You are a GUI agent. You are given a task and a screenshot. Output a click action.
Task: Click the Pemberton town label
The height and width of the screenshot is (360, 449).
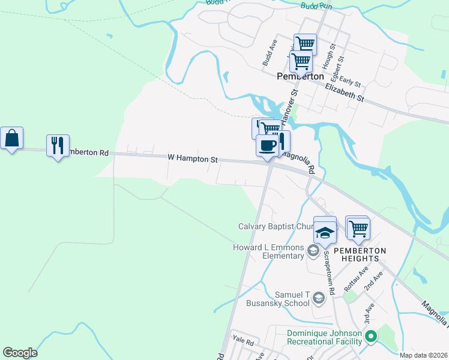tap(301, 77)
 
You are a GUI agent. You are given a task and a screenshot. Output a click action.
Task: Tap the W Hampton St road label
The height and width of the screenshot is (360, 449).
tap(192, 158)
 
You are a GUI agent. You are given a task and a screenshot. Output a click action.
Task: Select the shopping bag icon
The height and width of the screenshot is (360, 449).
tap(11, 139)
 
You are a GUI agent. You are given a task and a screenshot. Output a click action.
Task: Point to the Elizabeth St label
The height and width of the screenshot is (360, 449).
tap(345, 92)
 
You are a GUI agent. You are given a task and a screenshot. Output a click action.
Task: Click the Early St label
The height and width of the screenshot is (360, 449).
tap(349, 81)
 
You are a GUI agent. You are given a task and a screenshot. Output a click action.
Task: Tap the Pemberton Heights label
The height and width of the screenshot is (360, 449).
tap(358, 254)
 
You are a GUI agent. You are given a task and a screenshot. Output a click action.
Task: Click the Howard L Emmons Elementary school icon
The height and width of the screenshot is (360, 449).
tap(313, 251)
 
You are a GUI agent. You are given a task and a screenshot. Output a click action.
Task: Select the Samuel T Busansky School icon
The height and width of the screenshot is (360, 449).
tap(319, 298)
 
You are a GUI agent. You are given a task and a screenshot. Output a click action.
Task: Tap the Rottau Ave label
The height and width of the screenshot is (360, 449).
tap(354, 282)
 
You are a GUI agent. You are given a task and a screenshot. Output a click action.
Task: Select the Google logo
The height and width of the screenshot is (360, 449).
tap(20, 353)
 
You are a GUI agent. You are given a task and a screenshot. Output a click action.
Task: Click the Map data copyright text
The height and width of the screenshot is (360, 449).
tap(422, 355)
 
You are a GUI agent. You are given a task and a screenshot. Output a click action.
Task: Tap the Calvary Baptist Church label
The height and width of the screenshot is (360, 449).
tap(277, 227)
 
